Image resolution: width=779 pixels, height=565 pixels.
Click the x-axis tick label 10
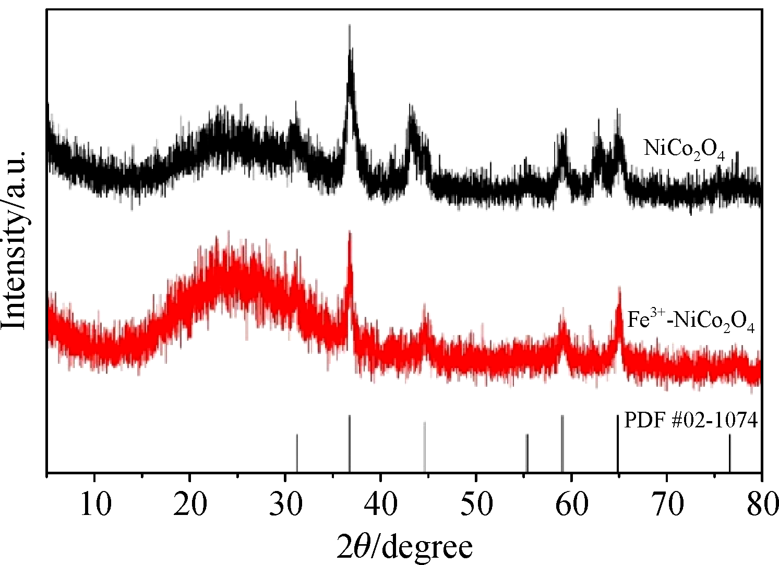pos(95,505)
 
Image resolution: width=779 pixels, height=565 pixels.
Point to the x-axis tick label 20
pos(190,505)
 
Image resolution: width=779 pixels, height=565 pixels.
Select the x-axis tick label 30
pos(286,505)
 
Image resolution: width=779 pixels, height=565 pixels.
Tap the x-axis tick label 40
pos(381,505)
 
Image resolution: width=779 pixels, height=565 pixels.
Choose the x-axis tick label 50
pos(476,505)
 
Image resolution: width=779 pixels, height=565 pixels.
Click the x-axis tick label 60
pos(572,505)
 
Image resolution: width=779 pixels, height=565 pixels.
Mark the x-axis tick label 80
pos(761,505)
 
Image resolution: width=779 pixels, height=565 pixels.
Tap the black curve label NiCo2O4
pos(684,150)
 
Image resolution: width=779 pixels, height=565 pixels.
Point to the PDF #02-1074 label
pos(691,420)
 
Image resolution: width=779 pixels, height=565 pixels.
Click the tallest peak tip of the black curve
pos(349,26)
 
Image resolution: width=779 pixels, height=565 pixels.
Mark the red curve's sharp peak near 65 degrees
pos(619,288)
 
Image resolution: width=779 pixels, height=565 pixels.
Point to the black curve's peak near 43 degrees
pos(412,107)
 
